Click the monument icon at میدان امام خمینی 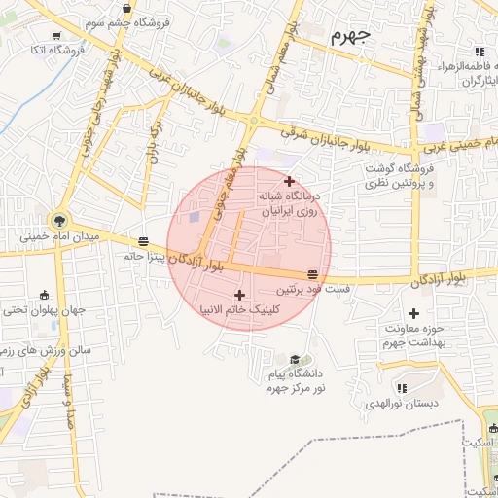(x=62, y=221)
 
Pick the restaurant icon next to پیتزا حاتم (x=144, y=241)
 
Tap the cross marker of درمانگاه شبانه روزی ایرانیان (x=288, y=180)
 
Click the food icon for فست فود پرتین (x=312, y=274)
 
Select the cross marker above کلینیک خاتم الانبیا (x=239, y=295)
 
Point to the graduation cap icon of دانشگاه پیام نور (x=296, y=358)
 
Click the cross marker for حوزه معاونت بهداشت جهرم (x=413, y=313)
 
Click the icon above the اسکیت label (x=492, y=427)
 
